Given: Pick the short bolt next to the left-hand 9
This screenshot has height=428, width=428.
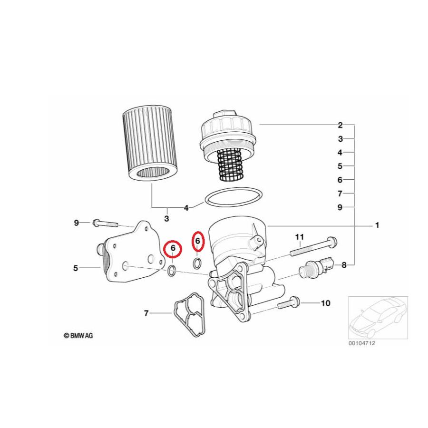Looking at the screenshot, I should point(107,223).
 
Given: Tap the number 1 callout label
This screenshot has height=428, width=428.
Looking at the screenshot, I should point(377,225).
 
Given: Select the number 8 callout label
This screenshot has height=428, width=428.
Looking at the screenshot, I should point(344,265).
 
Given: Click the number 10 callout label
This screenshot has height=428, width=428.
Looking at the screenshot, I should point(326,303).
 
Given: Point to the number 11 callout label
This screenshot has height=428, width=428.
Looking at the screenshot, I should point(299,236).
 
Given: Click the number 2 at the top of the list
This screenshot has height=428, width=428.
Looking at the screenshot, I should point(340,125).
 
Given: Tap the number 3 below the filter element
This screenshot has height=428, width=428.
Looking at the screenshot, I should point(166,219).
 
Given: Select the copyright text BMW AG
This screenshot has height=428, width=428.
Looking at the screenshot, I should point(79,335).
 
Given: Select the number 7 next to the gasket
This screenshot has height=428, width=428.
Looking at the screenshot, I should point(146,313).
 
